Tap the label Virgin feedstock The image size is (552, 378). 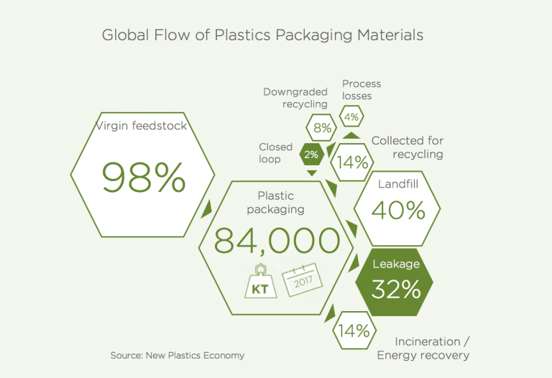tap(142, 127)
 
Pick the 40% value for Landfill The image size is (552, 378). tap(398, 211)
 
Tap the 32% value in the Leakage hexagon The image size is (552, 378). tap(396, 288)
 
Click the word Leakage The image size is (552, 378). tap(396, 264)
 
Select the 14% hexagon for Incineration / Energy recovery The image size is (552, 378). tap(354, 331)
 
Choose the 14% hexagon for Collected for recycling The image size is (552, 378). tap(353, 162)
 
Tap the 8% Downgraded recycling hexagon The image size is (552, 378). tap(322, 129)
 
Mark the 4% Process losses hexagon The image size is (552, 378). tap(351, 116)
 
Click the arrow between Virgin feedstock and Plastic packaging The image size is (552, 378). tap(207, 209)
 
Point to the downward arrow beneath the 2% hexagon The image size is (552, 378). tap(311, 173)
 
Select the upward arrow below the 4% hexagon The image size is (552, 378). tap(351, 134)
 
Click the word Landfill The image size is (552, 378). tap(398, 185)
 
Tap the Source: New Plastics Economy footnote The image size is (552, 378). tap(178, 355)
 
